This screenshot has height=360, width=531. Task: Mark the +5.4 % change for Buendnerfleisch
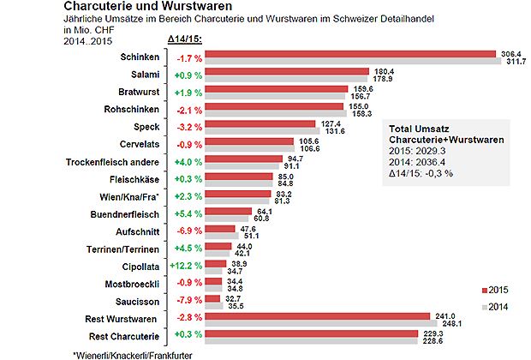(x=189, y=214)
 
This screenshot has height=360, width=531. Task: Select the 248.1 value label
(x=450, y=322)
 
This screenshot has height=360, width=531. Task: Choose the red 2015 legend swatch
(x=484, y=289)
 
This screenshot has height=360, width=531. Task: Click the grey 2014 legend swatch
(x=484, y=307)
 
